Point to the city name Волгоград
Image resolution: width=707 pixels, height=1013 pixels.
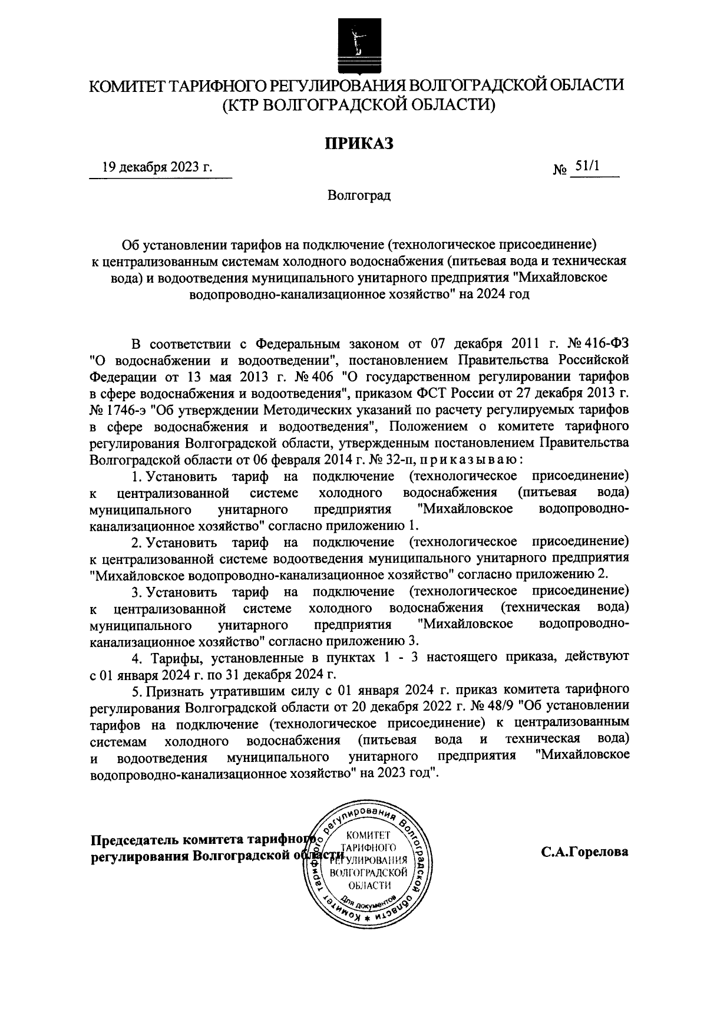[x=359, y=194]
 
